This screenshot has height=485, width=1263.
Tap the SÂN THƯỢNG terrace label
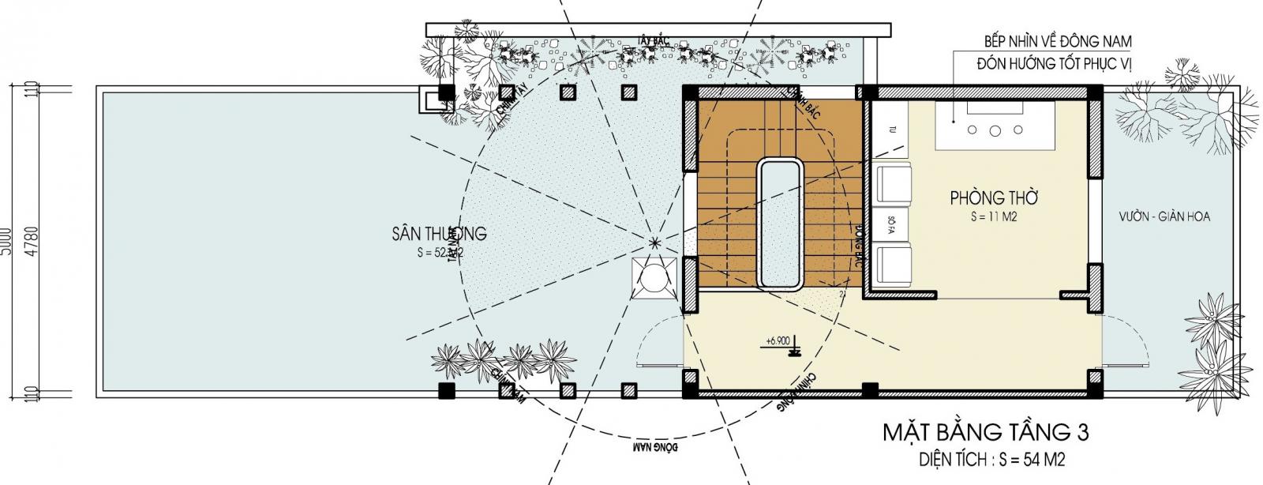pyautogui.click(x=439, y=234)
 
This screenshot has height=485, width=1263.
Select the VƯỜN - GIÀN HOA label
pyautogui.click(x=1164, y=216)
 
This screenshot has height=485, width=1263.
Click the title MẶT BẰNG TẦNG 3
pyautogui.click(x=984, y=433)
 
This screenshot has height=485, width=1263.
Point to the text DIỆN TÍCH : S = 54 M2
pyautogui.click(x=994, y=459)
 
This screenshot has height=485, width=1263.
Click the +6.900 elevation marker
pyautogui.click(x=778, y=341)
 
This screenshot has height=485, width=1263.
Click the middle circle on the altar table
pyautogui.click(x=995, y=130)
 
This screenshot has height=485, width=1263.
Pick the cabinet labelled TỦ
pyautogui.click(x=890, y=130)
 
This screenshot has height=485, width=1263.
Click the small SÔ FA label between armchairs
pyautogui.click(x=890, y=224)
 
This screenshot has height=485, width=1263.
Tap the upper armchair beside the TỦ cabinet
pyautogui.click(x=891, y=182)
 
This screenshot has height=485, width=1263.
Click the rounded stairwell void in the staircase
pyautogui.click(x=781, y=224)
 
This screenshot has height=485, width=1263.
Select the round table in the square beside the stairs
pyautogui.click(x=654, y=280)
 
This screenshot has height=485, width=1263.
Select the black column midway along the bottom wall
pyautogui.click(x=869, y=389)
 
